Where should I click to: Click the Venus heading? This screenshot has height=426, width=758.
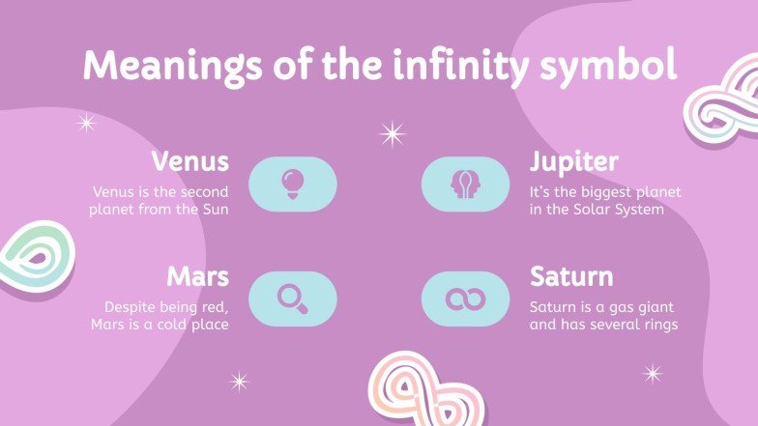(x=190, y=160)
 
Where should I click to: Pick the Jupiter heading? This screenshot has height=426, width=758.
(x=573, y=160)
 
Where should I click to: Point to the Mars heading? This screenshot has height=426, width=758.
(x=197, y=277)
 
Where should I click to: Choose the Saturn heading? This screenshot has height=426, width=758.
(x=571, y=277)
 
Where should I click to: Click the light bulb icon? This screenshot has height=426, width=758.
(x=293, y=183)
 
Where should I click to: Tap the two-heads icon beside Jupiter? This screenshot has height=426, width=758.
(x=465, y=183)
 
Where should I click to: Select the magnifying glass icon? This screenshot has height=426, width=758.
(x=292, y=298)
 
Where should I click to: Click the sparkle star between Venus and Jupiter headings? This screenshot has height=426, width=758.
(x=392, y=133)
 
